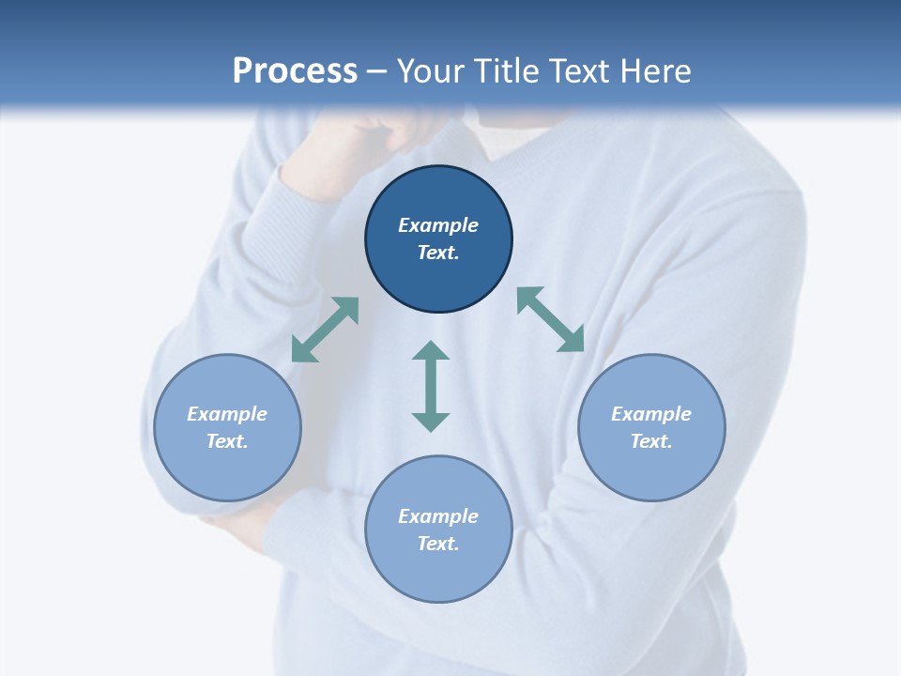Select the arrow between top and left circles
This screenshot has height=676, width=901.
(325, 330)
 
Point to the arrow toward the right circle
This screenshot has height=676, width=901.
(551, 320)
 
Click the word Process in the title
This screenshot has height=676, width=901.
(295, 70)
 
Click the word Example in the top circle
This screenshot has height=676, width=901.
(438, 225)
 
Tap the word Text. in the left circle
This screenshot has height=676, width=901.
(227, 441)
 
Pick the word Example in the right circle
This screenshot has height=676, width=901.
(651, 414)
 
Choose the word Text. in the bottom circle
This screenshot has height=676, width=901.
(438, 544)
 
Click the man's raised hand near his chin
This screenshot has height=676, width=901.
(347, 150)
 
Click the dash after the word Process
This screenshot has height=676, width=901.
(377, 71)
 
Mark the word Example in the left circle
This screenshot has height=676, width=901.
(227, 414)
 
